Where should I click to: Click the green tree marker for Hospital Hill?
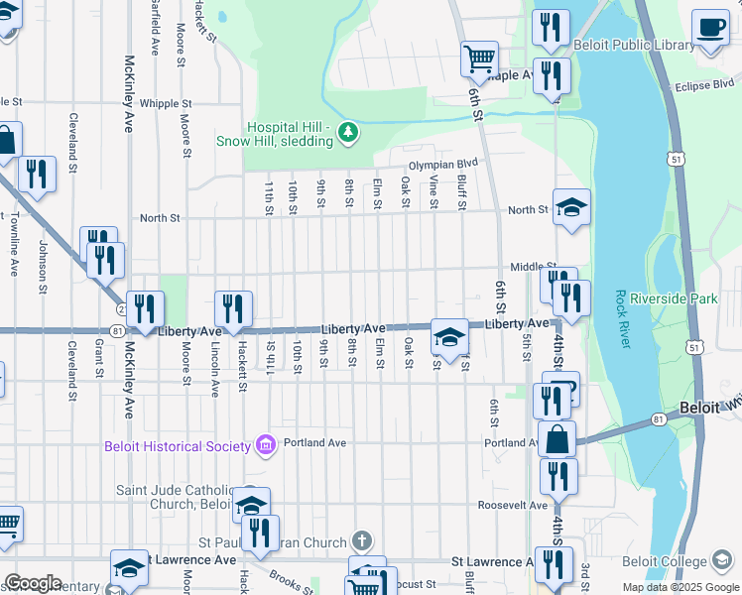point(347,133)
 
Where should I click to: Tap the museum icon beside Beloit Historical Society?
point(264,445)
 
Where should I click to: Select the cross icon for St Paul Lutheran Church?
point(363,541)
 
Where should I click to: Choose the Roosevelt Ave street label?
point(516,504)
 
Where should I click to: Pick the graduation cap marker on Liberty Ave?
point(449,337)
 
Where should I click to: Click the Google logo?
point(33,583)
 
